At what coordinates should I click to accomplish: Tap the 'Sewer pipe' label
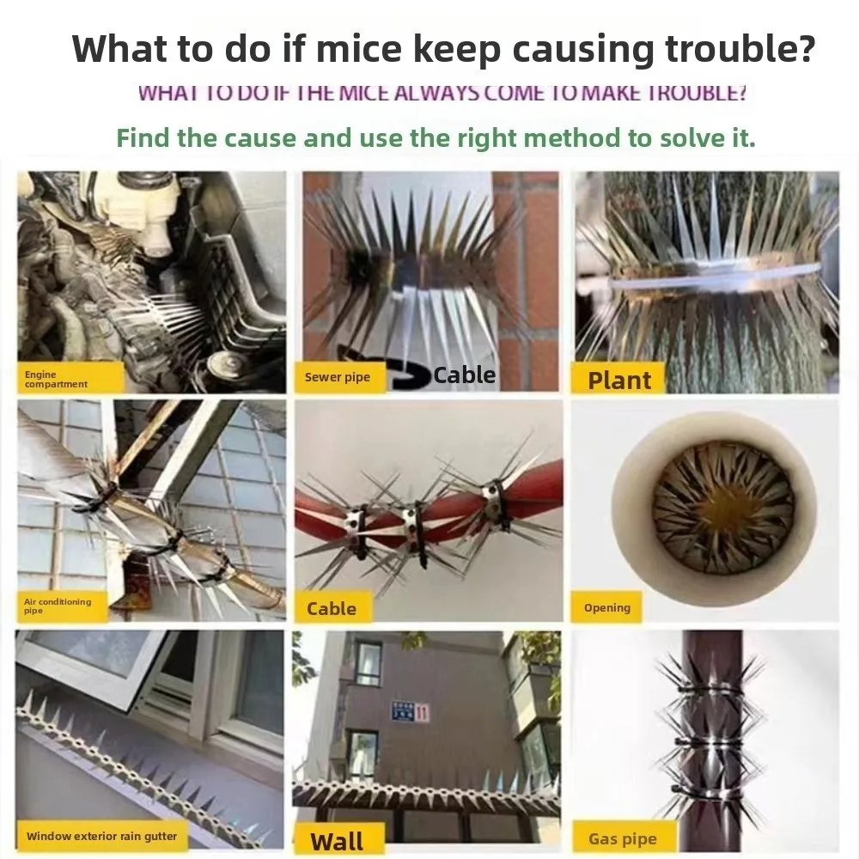click(x=338, y=377)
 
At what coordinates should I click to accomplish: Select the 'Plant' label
click(x=619, y=380)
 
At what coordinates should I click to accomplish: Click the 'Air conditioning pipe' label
click(x=58, y=606)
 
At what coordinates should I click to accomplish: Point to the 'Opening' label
click(x=607, y=607)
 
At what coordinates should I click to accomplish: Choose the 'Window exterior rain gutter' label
click(x=101, y=836)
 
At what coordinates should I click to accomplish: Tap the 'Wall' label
click(x=338, y=841)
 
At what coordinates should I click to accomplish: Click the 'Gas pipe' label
click(x=623, y=839)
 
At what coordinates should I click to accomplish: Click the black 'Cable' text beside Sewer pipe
click(x=465, y=375)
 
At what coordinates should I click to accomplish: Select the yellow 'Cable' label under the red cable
click(x=332, y=608)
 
